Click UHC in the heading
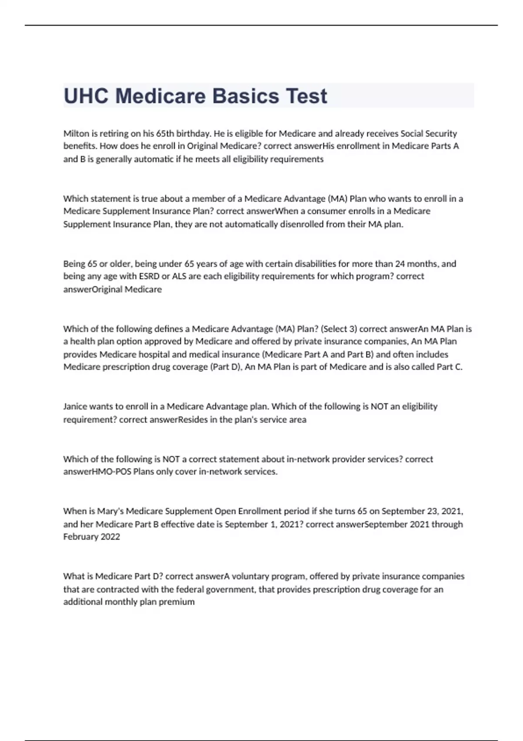[86, 96]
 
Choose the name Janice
[75, 406]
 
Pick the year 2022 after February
[110, 537]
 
